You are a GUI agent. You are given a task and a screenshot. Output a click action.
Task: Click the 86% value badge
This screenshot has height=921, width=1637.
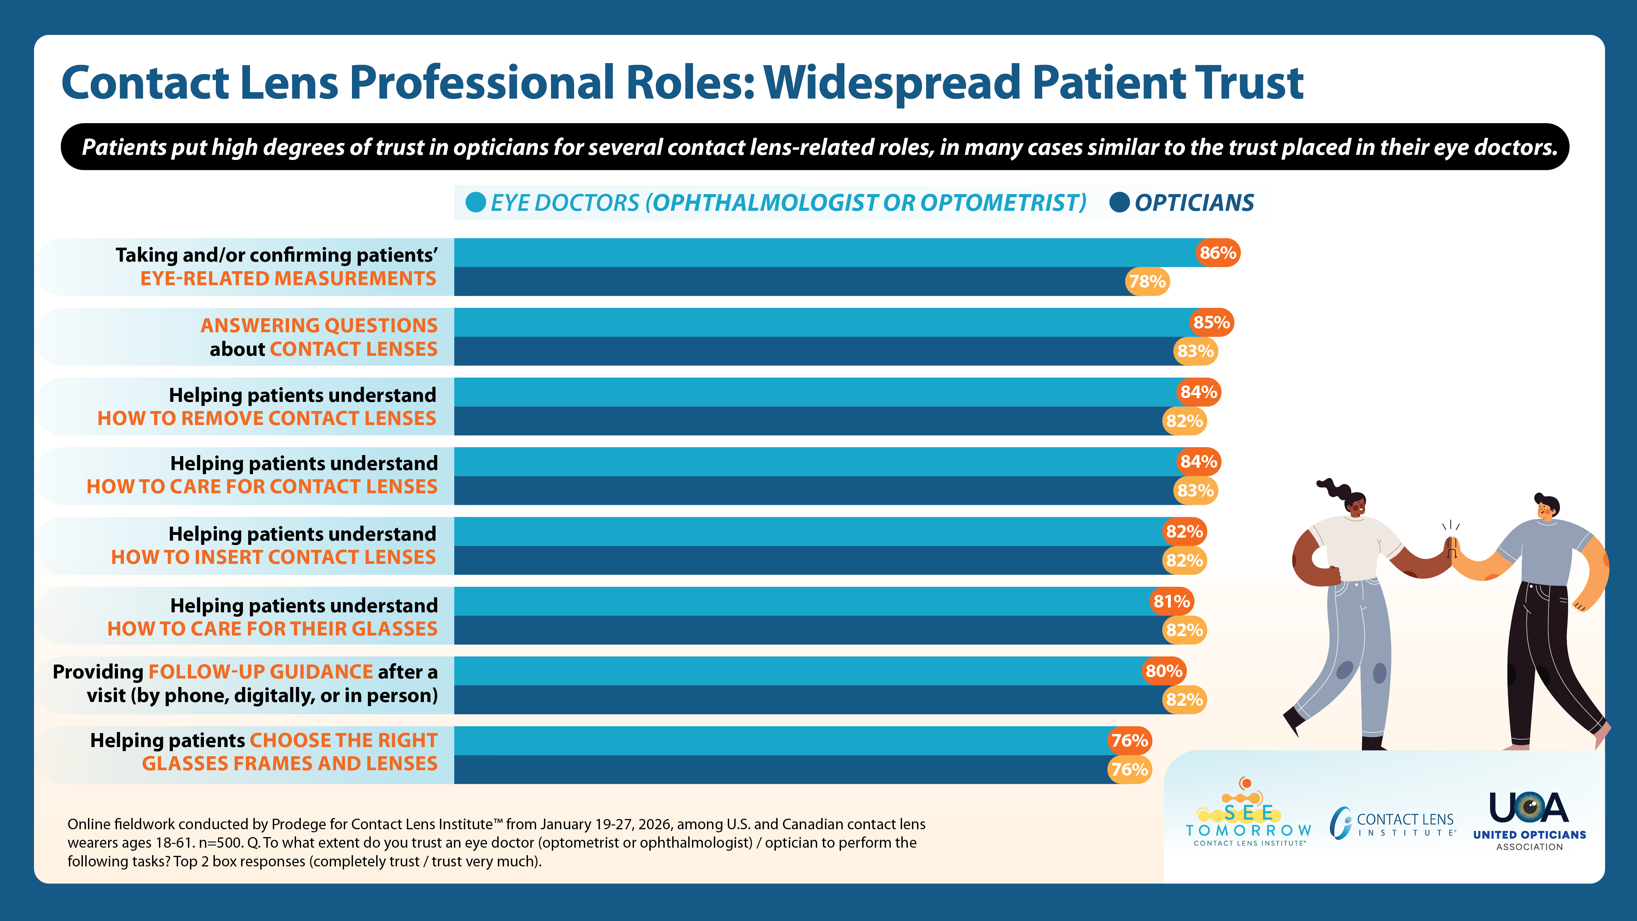tap(1218, 253)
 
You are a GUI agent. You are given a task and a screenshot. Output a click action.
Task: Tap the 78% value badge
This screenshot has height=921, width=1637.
tap(1147, 281)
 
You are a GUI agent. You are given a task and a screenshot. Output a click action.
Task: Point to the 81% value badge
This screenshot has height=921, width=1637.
tap(1171, 601)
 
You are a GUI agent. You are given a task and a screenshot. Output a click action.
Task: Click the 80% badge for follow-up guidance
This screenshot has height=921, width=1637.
tap(1164, 671)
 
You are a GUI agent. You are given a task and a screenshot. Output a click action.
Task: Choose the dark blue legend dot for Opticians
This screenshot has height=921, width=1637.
tap(1119, 203)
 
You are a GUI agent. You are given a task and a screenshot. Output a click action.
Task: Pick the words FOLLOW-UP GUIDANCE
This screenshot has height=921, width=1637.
tap(261, 672)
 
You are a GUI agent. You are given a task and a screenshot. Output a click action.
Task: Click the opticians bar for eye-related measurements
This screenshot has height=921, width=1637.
tap(788, 281)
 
